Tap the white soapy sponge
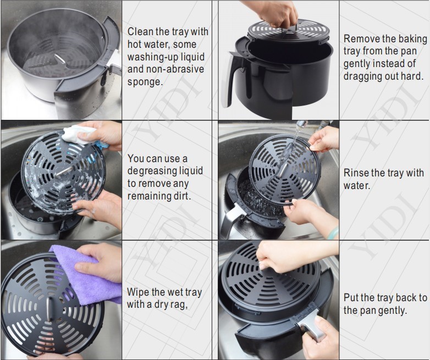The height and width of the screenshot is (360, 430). point(77,134)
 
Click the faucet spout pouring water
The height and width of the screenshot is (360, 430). point(302,124)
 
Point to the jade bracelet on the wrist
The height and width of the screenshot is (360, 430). point(333,233)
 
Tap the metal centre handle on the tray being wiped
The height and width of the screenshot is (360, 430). point(49,308)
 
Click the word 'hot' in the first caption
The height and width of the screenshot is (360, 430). point(135,44)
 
